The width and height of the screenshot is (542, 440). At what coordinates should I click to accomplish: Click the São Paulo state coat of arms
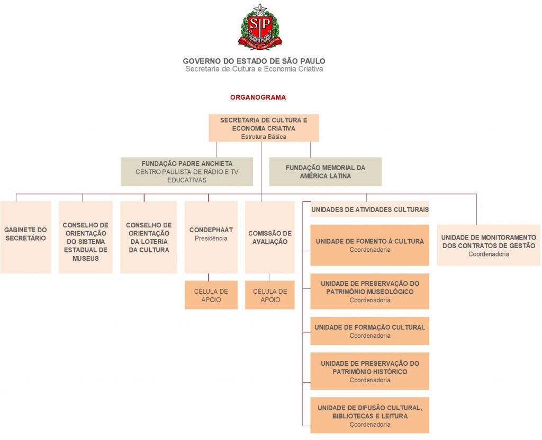pyautogui.click(x=260, y=27)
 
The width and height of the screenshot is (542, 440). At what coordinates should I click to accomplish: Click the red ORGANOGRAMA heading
pyautogui.click(x=258, y=98)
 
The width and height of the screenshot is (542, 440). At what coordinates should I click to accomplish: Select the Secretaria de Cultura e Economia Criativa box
pyautogui.click(x=264, y=128)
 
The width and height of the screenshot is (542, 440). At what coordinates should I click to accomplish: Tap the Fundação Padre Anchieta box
pyautogui.click(x=187, y=172)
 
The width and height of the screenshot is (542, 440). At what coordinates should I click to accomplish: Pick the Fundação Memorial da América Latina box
pyautogui.click(x=326, y=172)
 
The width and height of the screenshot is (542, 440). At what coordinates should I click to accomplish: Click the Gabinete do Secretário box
pyautogui.click(x=25, y=237)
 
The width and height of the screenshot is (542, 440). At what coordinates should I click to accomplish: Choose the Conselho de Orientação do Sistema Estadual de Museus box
pyautogui.click(x=85, y=237)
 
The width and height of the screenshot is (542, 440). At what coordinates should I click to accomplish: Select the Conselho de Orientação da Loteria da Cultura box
pyautogui.click(x=149, y=237)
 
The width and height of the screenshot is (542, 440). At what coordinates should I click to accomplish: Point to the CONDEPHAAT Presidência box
pyautogui.click(x=211, y=237)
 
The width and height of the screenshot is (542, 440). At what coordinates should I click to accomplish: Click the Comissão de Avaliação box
pyautogui.click(x=269, y=237)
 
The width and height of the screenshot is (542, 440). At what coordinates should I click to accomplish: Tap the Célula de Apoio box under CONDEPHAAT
pyautogui.click(x=211, y=295)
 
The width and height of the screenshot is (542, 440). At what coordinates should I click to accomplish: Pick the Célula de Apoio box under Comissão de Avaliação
pyautogui.click(x=269, y=295)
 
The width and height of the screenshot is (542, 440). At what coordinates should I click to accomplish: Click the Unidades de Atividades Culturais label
pyautogui.click(x=370, y=209)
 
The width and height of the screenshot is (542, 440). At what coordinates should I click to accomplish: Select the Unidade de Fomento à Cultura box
pyautogui.click(x=369, y=245)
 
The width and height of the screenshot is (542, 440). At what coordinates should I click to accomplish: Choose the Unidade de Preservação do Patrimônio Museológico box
pyautogui.click(x=369, y=291)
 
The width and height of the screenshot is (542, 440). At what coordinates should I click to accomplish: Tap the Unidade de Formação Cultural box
pyautogui.click(x=369, y=331)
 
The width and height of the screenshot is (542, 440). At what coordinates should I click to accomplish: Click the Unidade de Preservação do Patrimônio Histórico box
pyautogui.click(x=369, y=371)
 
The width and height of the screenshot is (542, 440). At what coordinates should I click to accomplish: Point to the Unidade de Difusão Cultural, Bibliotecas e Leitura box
pyautogui.click(x=369, y=416)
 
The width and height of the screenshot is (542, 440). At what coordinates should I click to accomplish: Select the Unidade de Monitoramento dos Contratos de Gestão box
pyautogui.click(x=489, y=245)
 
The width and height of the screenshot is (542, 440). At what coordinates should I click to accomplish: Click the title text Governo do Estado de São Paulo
pyautogui.click(x=254, y=61)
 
